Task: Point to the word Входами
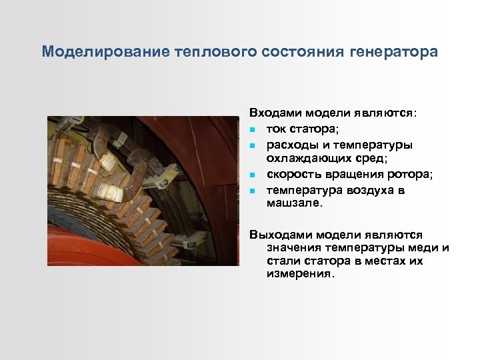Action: (x=271, y=113)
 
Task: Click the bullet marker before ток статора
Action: (x=253, y=129)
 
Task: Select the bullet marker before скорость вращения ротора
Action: (x=253, y=175)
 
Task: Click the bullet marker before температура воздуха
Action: (x=253, y=191)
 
